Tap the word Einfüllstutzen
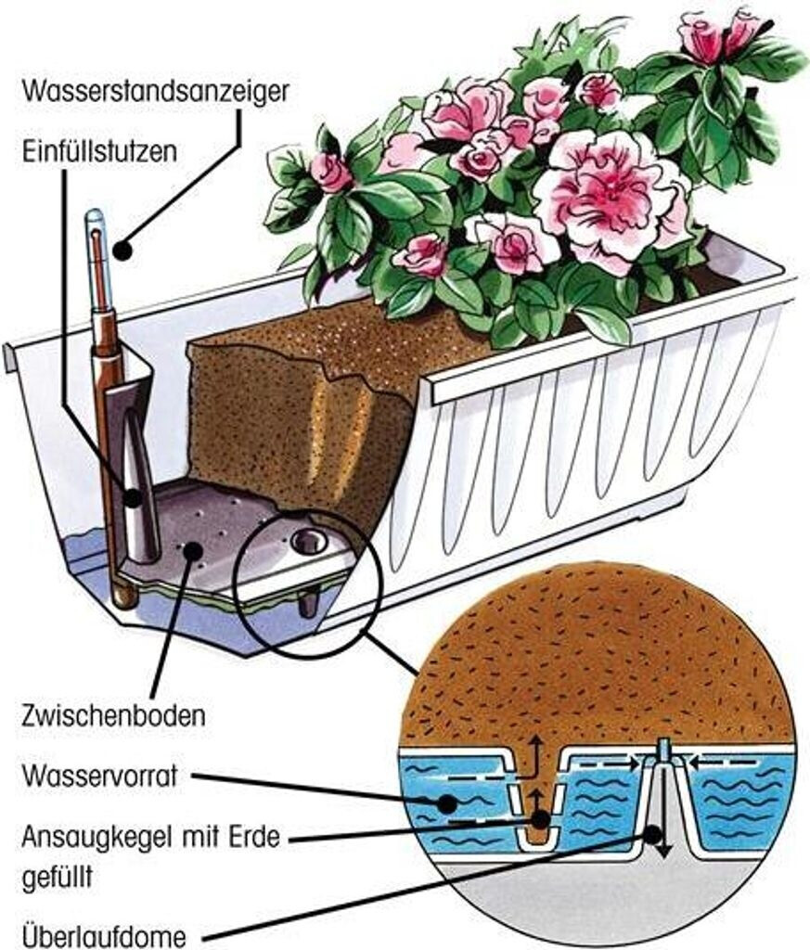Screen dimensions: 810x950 pyautogui.click(x=98, y=151)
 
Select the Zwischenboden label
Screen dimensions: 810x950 pyautogui.click(x=111, y=716)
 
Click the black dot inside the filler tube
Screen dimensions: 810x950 pyautogui.click(x=135, y=497)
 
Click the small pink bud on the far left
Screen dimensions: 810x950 pyautogui.click(x=330, y=173)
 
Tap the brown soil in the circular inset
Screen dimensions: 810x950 pyautogui.click(x=594, y=649)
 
